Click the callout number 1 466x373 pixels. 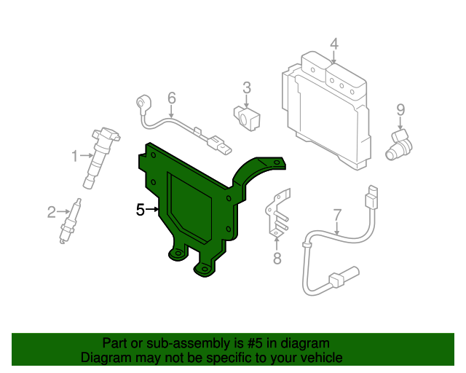[x=74, y=156]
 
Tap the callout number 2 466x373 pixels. [x=52, y=212]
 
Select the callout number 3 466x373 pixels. [x=247, y=87]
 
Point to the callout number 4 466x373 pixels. [x=334, y=44]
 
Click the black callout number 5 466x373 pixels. [x=141, y=210]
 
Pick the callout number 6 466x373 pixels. [x=172, y=98]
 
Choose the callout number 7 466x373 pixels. [x=337, y=215]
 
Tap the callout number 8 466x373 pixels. [x=277, y=258]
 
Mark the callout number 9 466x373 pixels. [x=400, y=110]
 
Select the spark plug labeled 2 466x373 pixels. [x=71, y=221]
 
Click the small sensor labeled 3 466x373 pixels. [x=247, y=118]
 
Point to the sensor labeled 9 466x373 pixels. [x=399, y=145]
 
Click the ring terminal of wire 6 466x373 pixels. [x=144, y=103]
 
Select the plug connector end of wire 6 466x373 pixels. [x=220, y=146]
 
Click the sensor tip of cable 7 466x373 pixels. [x=344, y=277]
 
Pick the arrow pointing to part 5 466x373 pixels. [x=152, y=210]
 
